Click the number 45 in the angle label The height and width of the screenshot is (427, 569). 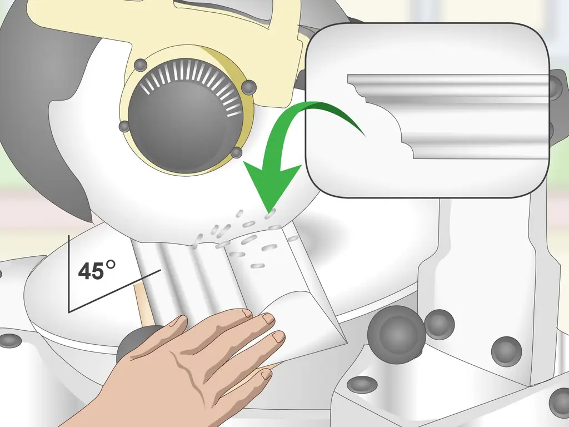pyautogui.click(x=91, y=271)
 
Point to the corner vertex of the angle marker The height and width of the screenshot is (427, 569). pyautogui.click(x=69, y=311)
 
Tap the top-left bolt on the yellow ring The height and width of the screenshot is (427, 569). pyautogui.click(x=140, y=66)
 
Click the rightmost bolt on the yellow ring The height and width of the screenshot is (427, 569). pyautogui.click(x=248, y=87)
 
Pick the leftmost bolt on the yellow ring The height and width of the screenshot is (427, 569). pyautogui.click(x=124, y=126)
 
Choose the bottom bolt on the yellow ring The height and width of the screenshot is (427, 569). pyautogui.click(x=236, y=152)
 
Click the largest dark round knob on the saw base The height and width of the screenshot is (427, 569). pyautogui.click(x=396, y=334)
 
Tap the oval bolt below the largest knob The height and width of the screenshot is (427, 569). pyautogui.click(x=362, y=385)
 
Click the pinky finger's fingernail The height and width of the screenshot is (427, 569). pyautogui.click(x=266, y=374)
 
